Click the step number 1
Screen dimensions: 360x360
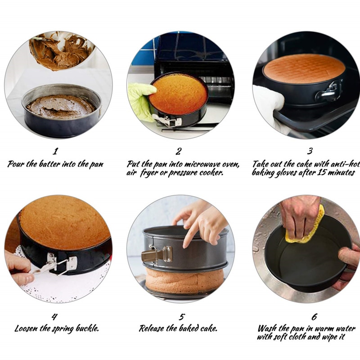point(55,151)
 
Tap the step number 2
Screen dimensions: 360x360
point(179,151)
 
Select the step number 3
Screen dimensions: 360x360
point(310,151)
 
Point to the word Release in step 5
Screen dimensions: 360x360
point(152,328)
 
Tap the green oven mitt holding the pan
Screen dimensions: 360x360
point(139,101)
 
